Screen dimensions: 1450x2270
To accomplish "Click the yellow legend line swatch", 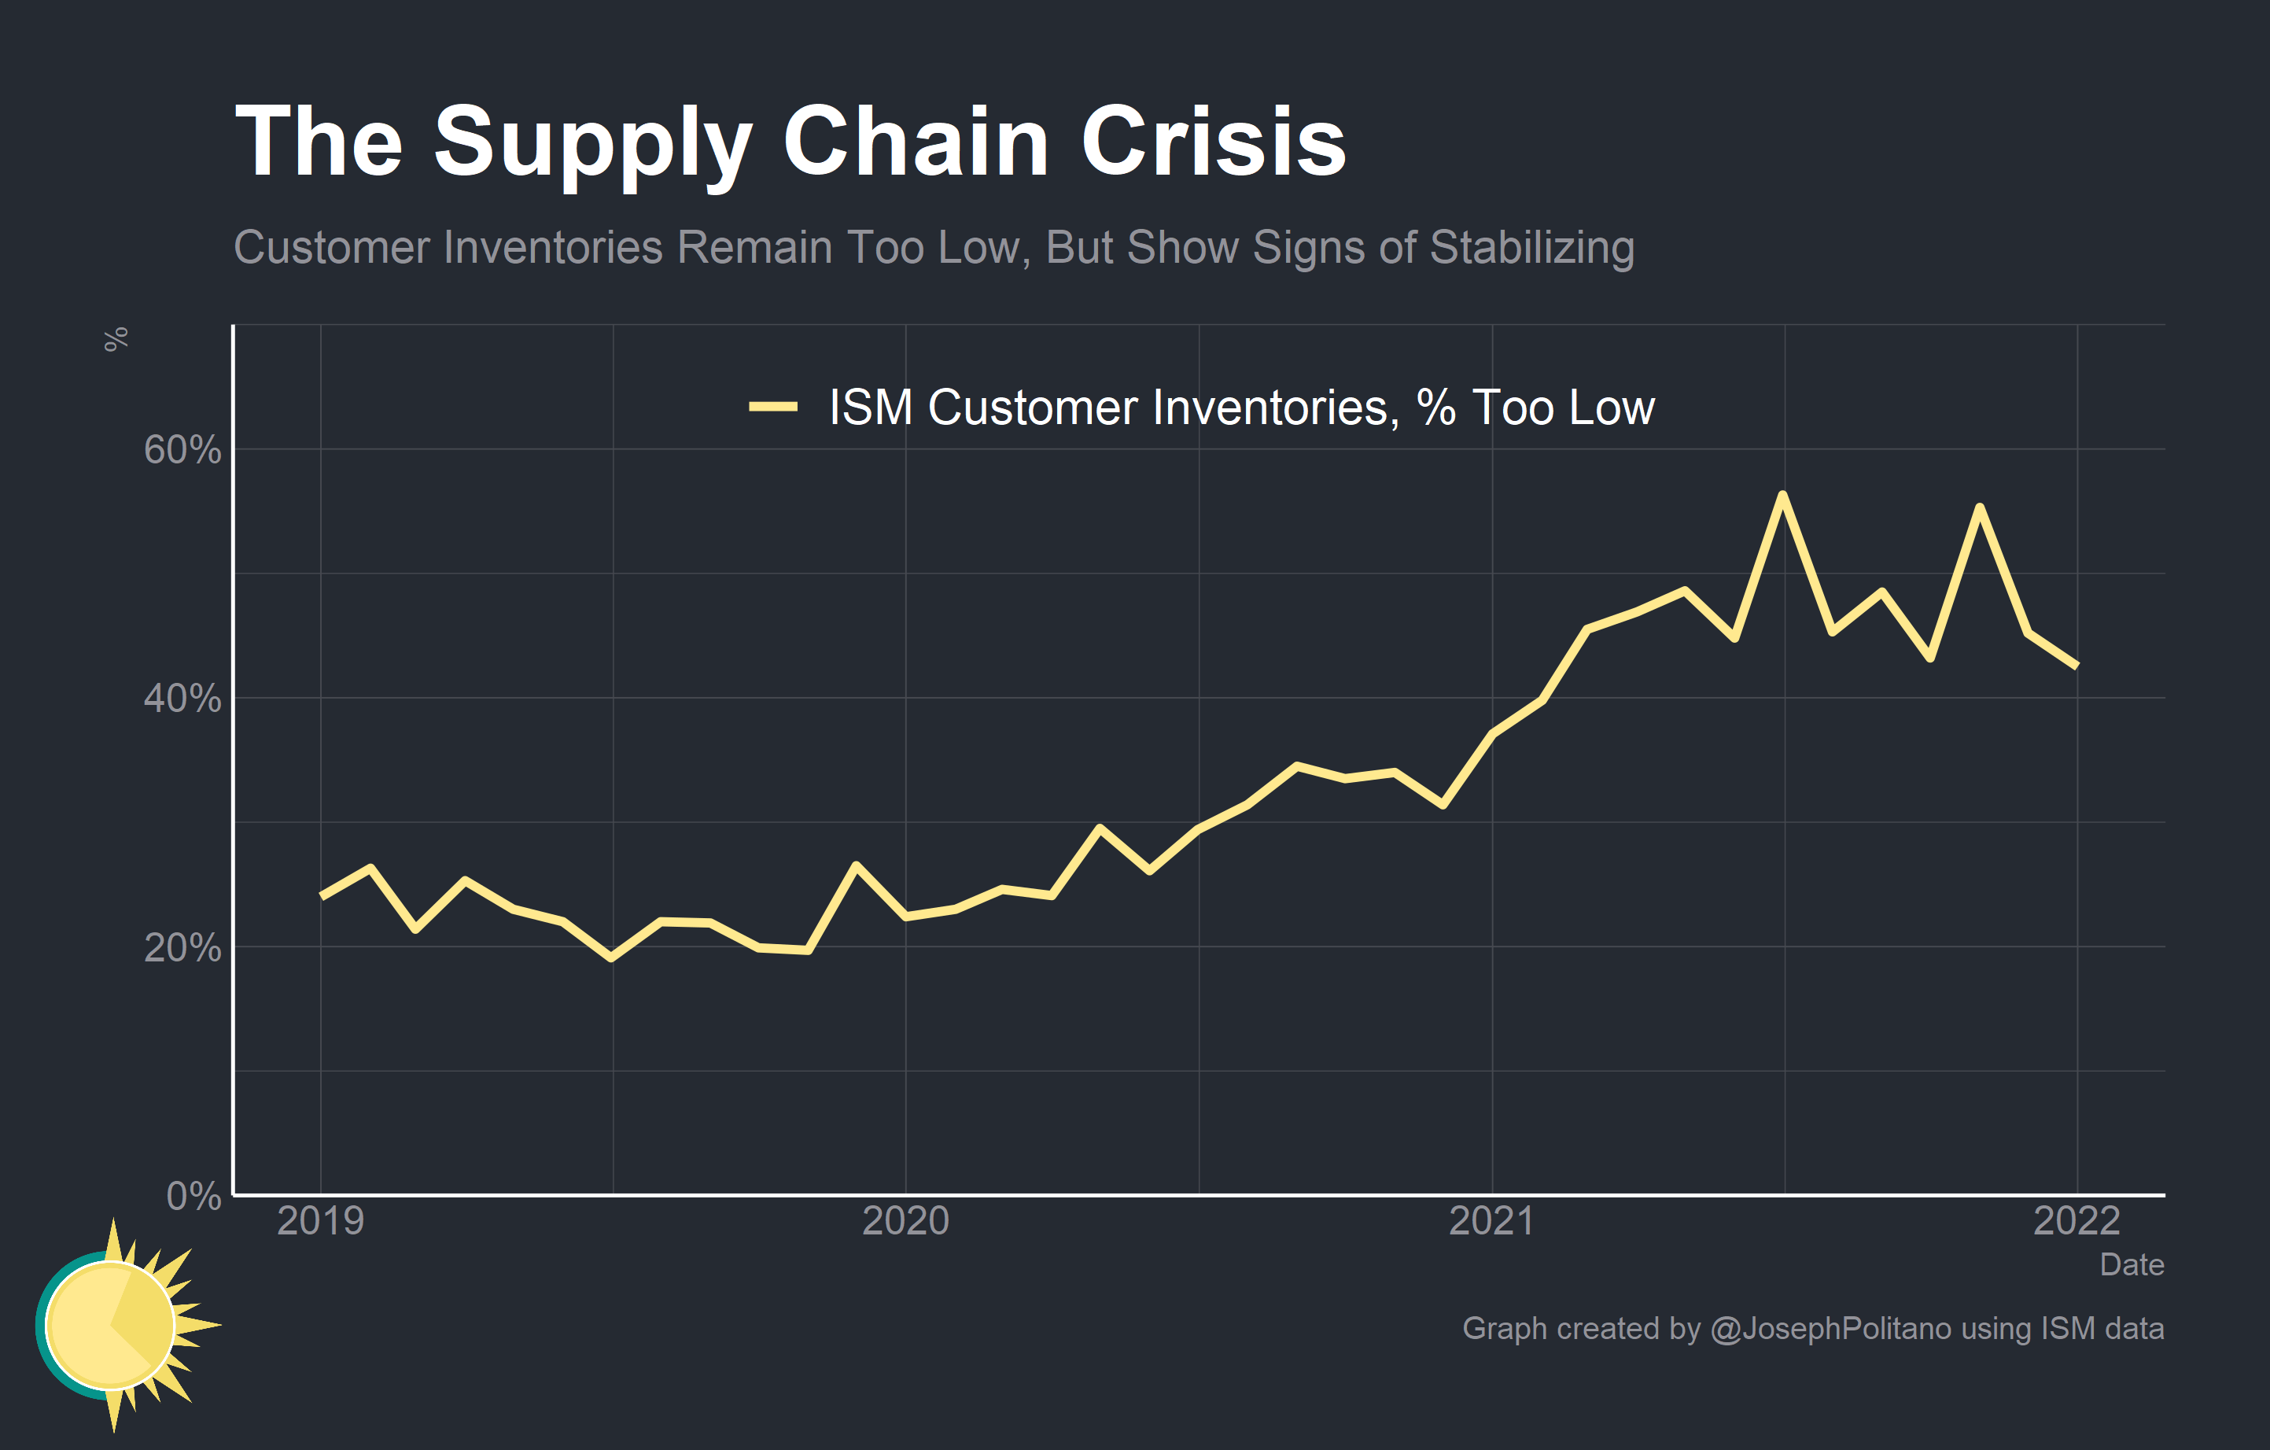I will click(x=773, y=408).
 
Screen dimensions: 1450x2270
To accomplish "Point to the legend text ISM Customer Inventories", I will click(x=1108, y=408).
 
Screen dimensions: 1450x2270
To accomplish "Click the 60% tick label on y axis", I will click(x=182, y=450).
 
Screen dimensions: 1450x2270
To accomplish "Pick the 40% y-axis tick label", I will click(x=182, y=699).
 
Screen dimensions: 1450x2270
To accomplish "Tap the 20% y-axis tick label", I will click(x=182, y=947).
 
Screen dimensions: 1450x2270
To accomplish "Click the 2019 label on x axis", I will click(x=320, y=1221).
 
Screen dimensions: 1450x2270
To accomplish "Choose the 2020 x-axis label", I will click(x=906, y=1221).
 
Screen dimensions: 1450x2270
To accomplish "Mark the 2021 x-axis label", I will click(x=1491, y=1221).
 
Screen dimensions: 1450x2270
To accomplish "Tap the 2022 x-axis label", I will click(x=2077, y=1221).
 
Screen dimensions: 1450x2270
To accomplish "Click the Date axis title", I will click(x=2132, y=1264).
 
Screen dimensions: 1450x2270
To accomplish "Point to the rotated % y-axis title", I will click(x=116, y=339).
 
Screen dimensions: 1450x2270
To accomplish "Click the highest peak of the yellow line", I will click(x=1782, y=495).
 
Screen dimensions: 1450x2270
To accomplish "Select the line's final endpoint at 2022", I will click(x=2077, y=666).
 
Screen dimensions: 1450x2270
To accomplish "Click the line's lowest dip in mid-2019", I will click(x=612, y=957).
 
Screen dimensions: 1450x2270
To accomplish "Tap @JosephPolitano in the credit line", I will click(x=1830, y=1328).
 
